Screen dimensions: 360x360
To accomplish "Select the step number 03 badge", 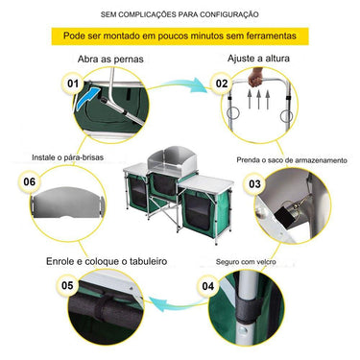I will tap(254, 182).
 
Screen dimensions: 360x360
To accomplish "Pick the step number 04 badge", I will tap(207, 285).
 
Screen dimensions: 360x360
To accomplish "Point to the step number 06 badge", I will tap(29, 180).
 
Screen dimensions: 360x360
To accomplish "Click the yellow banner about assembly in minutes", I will tap(180, 36).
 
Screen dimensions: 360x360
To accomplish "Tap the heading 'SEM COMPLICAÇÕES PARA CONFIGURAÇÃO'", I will tap(180, 12).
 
